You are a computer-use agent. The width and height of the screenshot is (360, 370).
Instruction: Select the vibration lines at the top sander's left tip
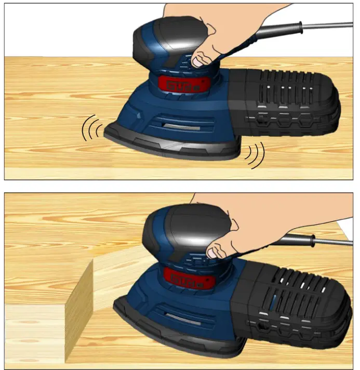click(x=91, y=128)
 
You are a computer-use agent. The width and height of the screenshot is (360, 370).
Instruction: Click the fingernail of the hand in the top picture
click(x=198, y=61)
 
